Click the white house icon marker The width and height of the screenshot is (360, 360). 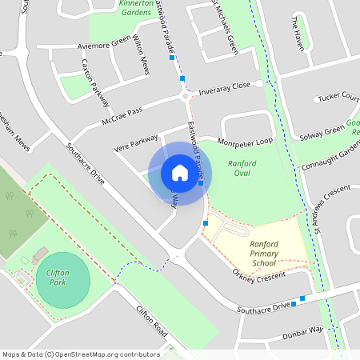click(x=180, y=173)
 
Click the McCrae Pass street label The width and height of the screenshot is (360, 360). click(x=122, y=118)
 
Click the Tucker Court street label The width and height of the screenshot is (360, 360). click(x=339, y=97)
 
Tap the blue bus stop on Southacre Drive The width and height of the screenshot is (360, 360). click(x=302, y=302)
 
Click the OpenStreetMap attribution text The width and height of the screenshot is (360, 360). click(x=81, y=354)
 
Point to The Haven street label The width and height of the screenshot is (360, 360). click(x=298, y=32)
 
